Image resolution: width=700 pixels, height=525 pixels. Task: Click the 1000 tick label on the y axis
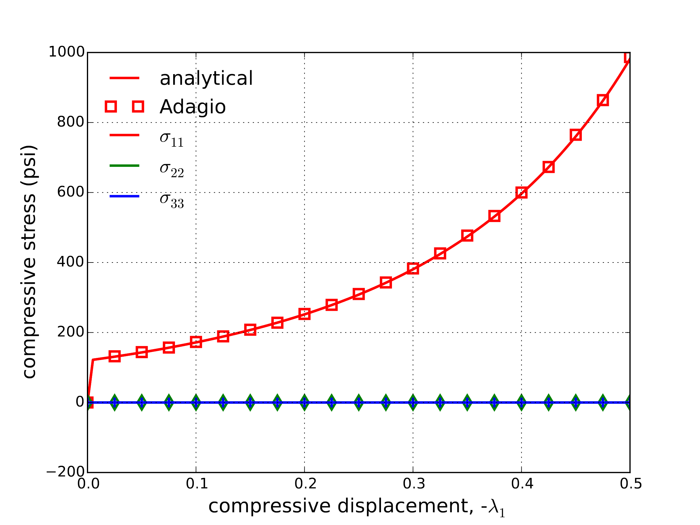click(x=67, y=52)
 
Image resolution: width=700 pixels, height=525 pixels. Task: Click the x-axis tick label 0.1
click(x=197, y=484)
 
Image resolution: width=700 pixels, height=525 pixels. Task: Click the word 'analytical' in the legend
click(x=206, y=78)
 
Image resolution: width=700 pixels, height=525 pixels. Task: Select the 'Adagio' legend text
click(x=192, y=107)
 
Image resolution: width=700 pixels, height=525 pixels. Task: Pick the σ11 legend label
click(x=172, y=138)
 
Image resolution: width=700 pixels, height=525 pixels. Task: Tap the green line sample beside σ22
click(x=124, y=166)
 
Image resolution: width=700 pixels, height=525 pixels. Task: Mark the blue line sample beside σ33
click(x=124, y=196)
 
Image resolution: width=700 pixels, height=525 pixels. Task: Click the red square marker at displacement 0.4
click(x=522, y=192)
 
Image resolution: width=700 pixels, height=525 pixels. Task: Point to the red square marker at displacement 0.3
click(x=413, y=268)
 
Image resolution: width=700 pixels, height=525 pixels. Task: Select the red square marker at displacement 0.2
click(x=304, y=314)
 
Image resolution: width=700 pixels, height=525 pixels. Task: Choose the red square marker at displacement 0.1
click(x=196, y=342)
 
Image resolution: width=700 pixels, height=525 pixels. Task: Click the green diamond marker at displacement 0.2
click(x=304, y=403)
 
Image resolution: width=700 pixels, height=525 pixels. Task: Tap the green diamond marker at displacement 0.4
click(x=522, y=403)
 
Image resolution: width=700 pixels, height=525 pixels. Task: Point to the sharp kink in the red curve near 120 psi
click(x=93, y=360)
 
